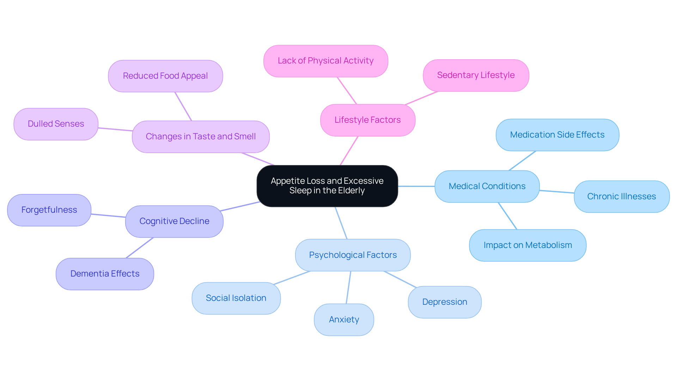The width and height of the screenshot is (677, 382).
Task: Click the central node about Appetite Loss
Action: [327, 186]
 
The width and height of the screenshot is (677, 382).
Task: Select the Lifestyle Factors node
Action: [367, 120]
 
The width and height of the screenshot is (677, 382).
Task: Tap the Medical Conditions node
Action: [487, 186]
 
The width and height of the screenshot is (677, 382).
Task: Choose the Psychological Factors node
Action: [353, 255]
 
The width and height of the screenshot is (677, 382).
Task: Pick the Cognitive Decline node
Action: [174, 221]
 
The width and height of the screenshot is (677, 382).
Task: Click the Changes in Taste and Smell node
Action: [201, 137]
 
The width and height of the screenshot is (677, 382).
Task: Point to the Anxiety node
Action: [344, 320]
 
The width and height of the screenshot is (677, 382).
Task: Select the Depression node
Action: [444, 302]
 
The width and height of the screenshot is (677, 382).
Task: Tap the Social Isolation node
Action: [236, 298]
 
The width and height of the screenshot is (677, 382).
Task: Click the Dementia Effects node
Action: [105, 274]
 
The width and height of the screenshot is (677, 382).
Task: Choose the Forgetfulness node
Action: [49, 210]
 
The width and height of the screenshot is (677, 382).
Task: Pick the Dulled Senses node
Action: [56, 124]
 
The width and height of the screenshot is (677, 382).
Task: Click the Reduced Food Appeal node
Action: [165, 76]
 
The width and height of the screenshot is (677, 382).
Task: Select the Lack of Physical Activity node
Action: [325, 61]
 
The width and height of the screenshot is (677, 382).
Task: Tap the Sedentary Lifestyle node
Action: [476, 75]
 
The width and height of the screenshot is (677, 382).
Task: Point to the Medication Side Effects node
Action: [557, 135]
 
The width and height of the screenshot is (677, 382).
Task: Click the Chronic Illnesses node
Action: [621, 196]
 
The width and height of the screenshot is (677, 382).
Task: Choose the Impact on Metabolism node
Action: [527, 245]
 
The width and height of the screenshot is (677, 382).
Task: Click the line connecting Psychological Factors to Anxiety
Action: [348, 287]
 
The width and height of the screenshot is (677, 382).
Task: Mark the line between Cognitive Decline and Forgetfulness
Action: [108, 216]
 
